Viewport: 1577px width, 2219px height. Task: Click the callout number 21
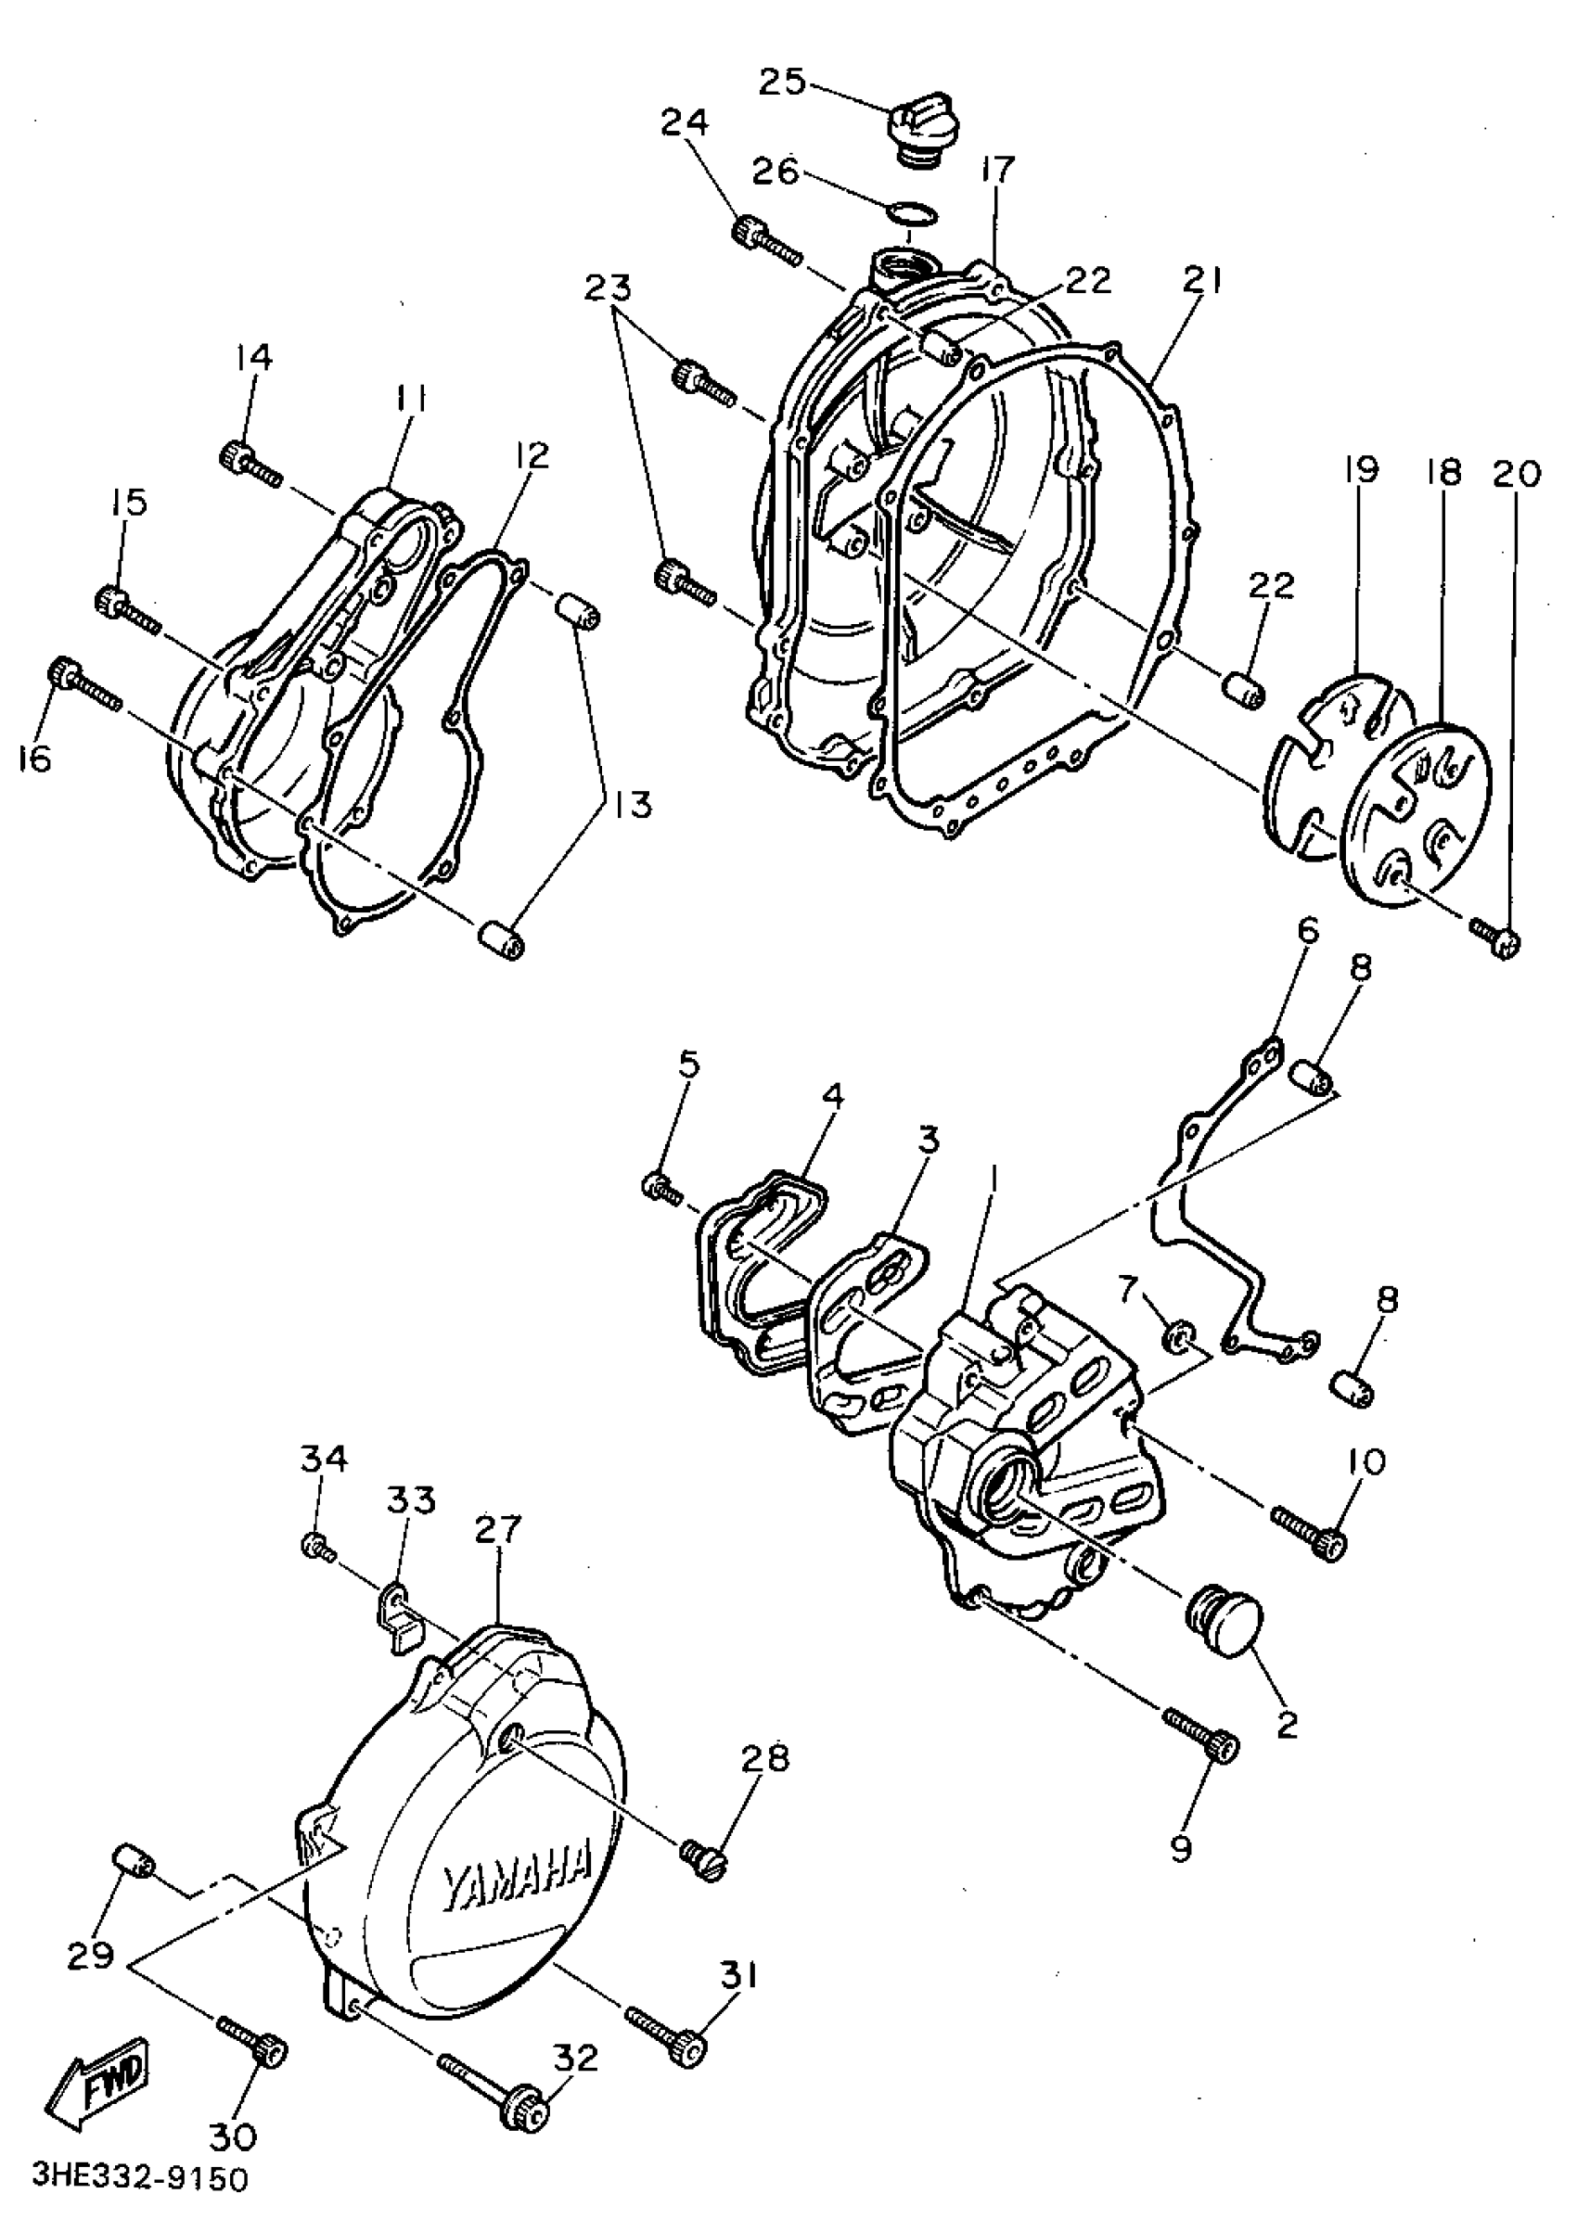click(1202, 282)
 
